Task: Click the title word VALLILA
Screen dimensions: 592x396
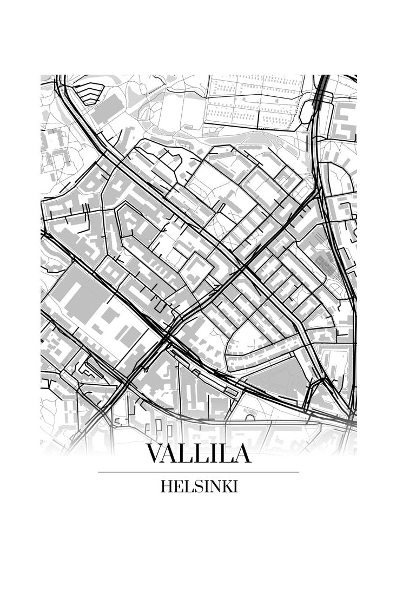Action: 199,453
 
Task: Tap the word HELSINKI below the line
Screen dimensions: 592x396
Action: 199,487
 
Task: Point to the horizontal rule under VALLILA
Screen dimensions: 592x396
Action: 199,472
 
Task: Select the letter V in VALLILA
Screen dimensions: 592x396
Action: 155,453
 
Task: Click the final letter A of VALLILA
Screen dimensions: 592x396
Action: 241,453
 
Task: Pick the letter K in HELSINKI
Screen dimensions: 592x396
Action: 227,487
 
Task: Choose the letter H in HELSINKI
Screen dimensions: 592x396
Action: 166,487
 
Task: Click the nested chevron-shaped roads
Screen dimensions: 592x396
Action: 89,93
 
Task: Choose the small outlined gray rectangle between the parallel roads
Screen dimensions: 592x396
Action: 231,391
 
